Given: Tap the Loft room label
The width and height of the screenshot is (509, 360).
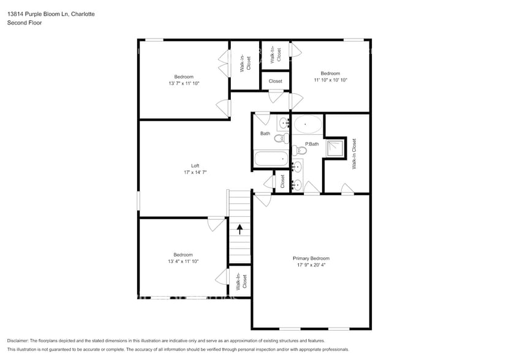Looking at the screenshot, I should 195,165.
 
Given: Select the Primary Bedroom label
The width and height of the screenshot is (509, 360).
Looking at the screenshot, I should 311,258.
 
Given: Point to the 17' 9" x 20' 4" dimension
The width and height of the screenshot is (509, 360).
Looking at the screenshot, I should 311,265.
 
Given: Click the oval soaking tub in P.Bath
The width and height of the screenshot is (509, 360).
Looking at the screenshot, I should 307,125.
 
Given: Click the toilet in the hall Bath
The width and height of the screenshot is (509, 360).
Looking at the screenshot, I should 279,139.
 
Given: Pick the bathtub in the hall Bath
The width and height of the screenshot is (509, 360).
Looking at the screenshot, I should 270,159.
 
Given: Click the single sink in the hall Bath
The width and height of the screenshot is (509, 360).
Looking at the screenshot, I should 284,124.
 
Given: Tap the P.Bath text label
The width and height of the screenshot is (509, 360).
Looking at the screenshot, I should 312,144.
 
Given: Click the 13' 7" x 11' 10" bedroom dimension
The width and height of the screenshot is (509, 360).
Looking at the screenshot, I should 184,83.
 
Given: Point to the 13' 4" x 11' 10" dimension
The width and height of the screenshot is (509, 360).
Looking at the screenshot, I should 183,261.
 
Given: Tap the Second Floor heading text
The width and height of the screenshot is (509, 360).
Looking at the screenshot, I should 22,23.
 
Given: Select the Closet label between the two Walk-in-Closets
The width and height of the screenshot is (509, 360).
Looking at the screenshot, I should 276,81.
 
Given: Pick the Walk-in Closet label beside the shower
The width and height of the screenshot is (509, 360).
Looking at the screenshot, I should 354,154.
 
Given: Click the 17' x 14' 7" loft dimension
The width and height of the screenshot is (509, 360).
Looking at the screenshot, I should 195,172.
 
